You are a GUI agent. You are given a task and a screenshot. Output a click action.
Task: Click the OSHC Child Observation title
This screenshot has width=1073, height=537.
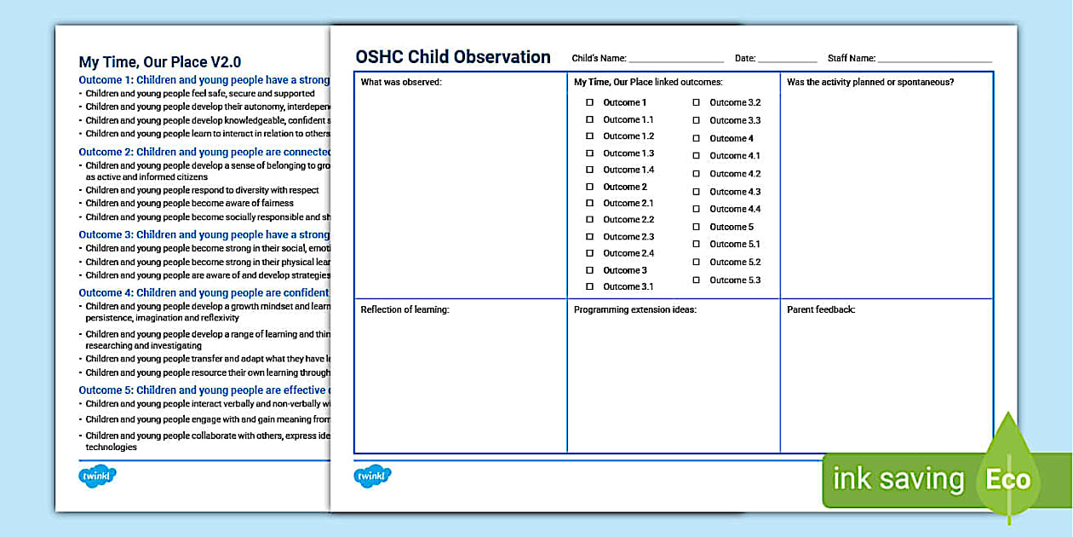[453, 57]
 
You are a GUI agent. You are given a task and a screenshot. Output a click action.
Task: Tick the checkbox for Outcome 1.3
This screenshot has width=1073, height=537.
[589, 153]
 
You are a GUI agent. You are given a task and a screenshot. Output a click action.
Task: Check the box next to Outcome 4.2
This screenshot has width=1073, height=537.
[696, 174]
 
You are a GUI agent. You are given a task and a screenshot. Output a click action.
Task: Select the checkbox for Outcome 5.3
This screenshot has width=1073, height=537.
[696, 280]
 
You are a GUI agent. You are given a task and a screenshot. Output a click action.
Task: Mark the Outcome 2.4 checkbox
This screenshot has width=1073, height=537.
[589, 253]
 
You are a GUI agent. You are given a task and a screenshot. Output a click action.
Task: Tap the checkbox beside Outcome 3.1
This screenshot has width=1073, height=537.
[589, 287]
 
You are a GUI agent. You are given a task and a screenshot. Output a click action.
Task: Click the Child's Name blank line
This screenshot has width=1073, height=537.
[676, 60]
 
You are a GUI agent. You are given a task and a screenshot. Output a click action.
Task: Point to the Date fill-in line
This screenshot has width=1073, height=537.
[787, 60]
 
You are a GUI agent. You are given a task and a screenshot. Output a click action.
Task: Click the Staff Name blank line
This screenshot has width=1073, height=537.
[934, 60]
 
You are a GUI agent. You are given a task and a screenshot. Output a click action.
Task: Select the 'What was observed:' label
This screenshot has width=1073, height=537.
[401, 82]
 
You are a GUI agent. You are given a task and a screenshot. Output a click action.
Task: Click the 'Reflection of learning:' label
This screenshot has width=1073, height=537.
[405, 309]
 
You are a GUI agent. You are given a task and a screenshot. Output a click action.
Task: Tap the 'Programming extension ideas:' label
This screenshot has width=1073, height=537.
[634, 309]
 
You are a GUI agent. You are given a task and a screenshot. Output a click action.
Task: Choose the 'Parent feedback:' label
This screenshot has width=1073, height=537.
[821, 309]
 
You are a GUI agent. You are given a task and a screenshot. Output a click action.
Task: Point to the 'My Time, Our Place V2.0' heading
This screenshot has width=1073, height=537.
[160, 62]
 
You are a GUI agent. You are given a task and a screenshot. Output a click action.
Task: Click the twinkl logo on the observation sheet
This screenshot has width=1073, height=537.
[372, 476]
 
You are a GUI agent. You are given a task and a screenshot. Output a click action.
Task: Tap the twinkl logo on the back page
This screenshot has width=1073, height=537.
[97, 476]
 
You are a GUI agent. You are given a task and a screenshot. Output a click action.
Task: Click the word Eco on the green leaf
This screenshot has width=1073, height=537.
[1008, 480]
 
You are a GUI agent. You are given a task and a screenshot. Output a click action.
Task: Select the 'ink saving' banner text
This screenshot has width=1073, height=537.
[898, 480]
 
